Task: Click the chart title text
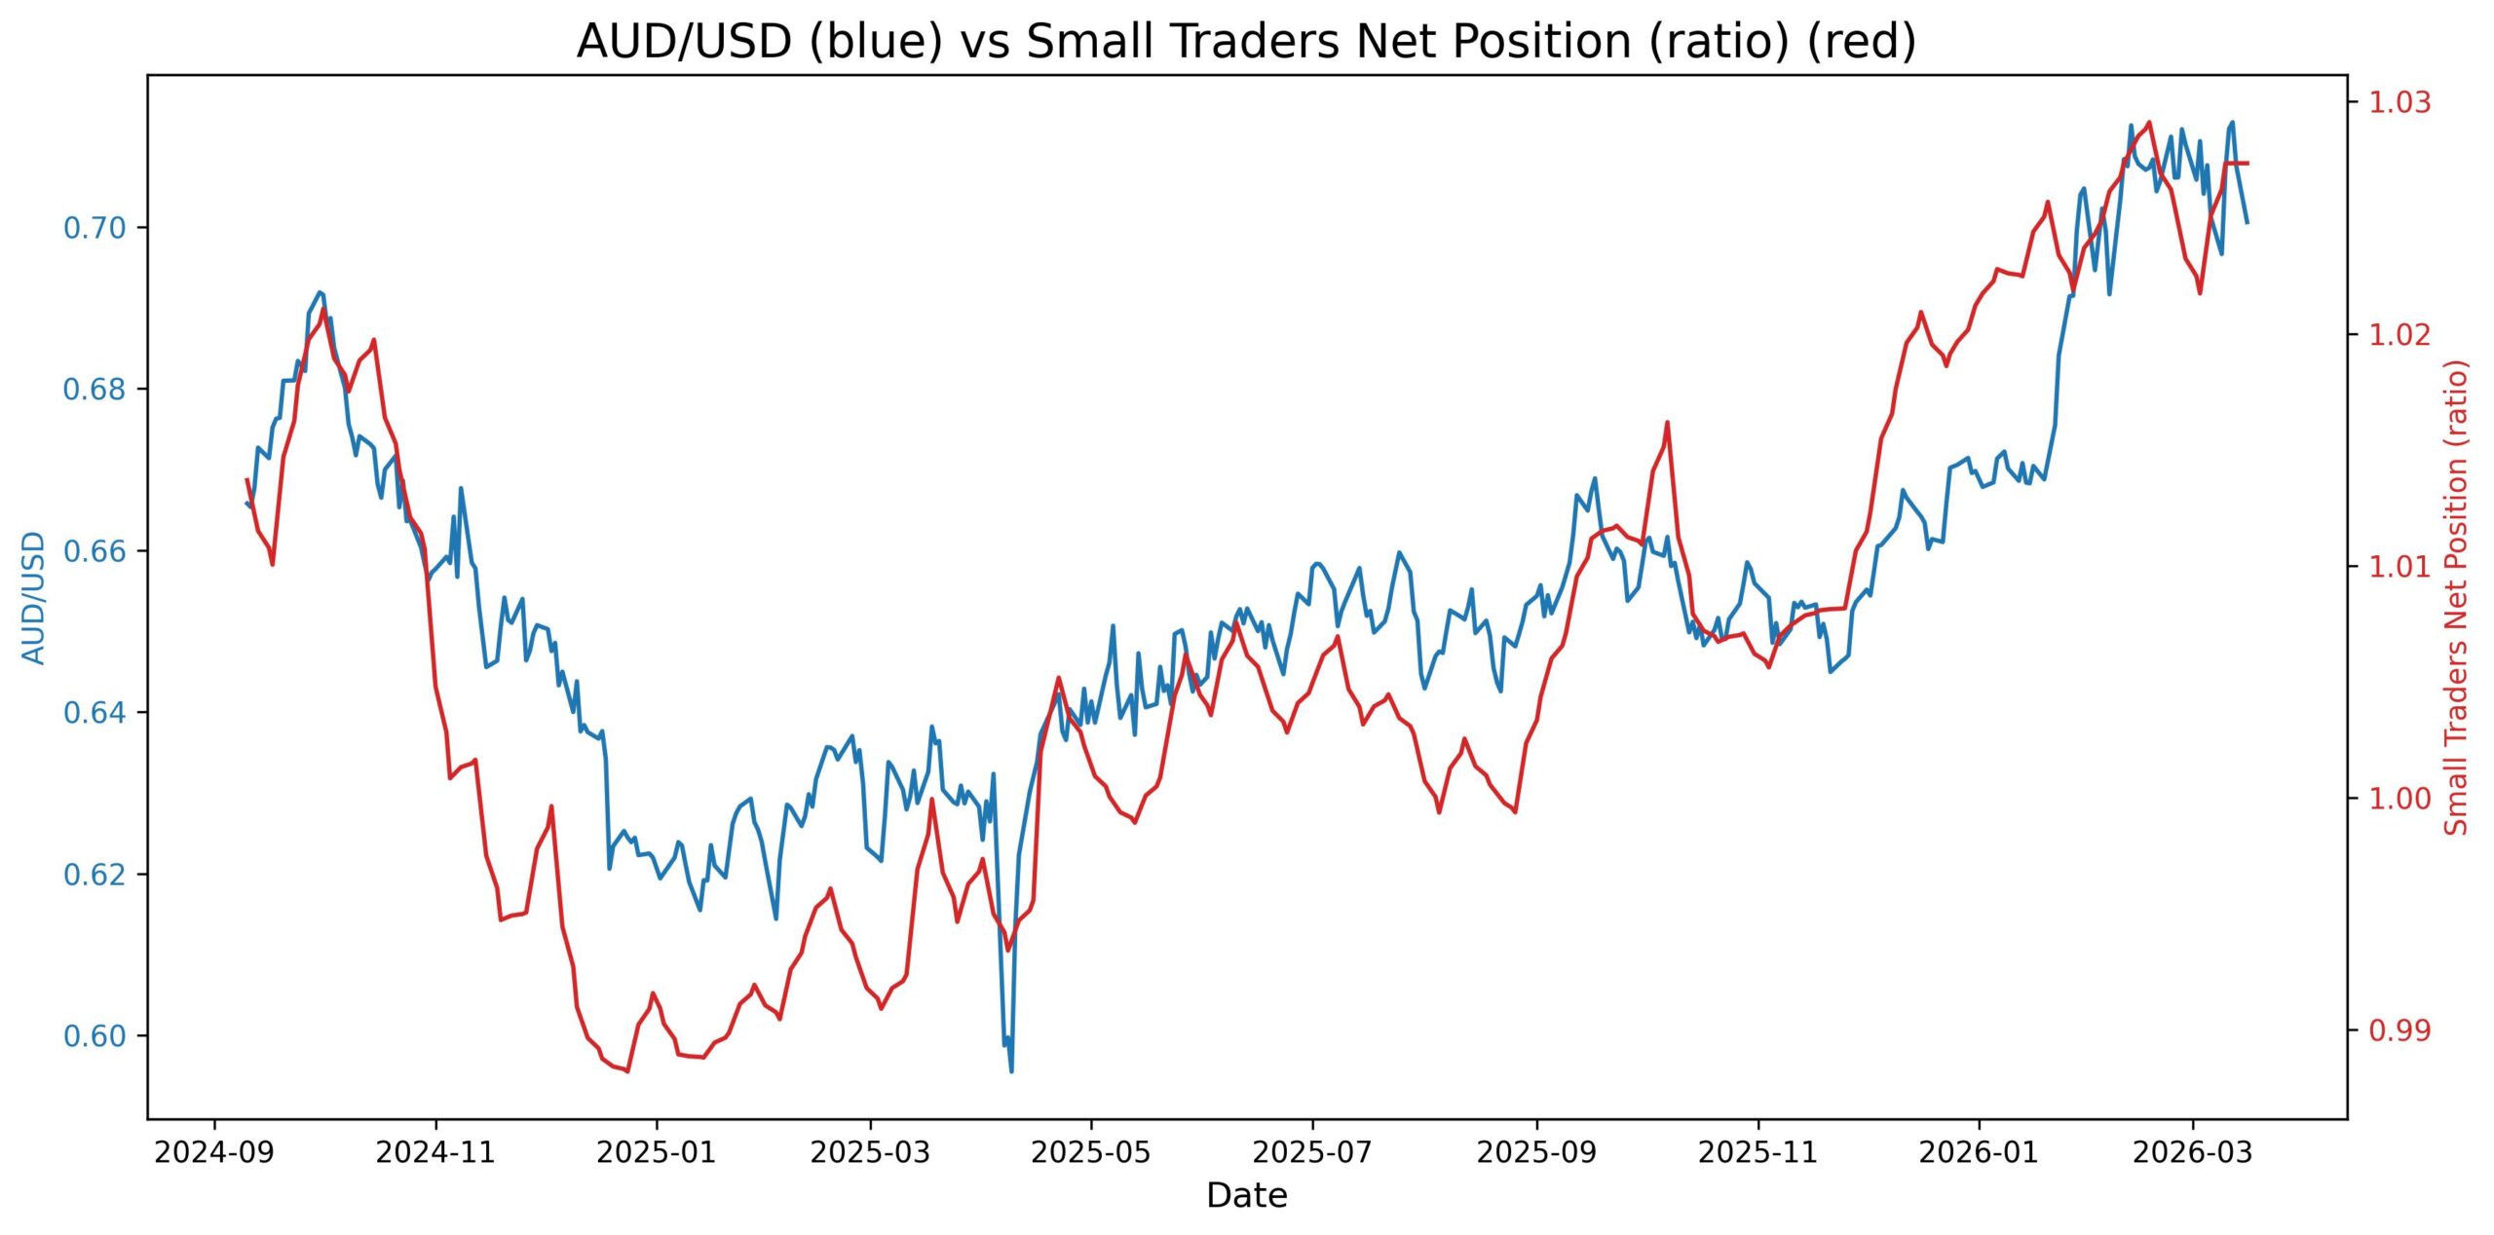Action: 1246,42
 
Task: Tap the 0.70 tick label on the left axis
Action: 94,228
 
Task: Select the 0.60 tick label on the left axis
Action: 94,1035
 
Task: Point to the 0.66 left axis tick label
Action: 94,551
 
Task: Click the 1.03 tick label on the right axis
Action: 2399,101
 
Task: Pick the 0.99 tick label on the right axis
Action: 2399,1029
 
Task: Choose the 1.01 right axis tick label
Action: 2399,566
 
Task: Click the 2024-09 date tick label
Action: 214,1153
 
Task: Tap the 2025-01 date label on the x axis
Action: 657,1153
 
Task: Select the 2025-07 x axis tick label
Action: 1312,1153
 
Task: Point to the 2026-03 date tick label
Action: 2193,1153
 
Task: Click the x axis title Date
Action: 1246,1195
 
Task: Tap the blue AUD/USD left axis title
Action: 34,597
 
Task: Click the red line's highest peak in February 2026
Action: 2149,123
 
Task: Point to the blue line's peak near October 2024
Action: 320,291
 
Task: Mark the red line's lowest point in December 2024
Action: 627,1071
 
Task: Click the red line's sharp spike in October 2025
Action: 1667,423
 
